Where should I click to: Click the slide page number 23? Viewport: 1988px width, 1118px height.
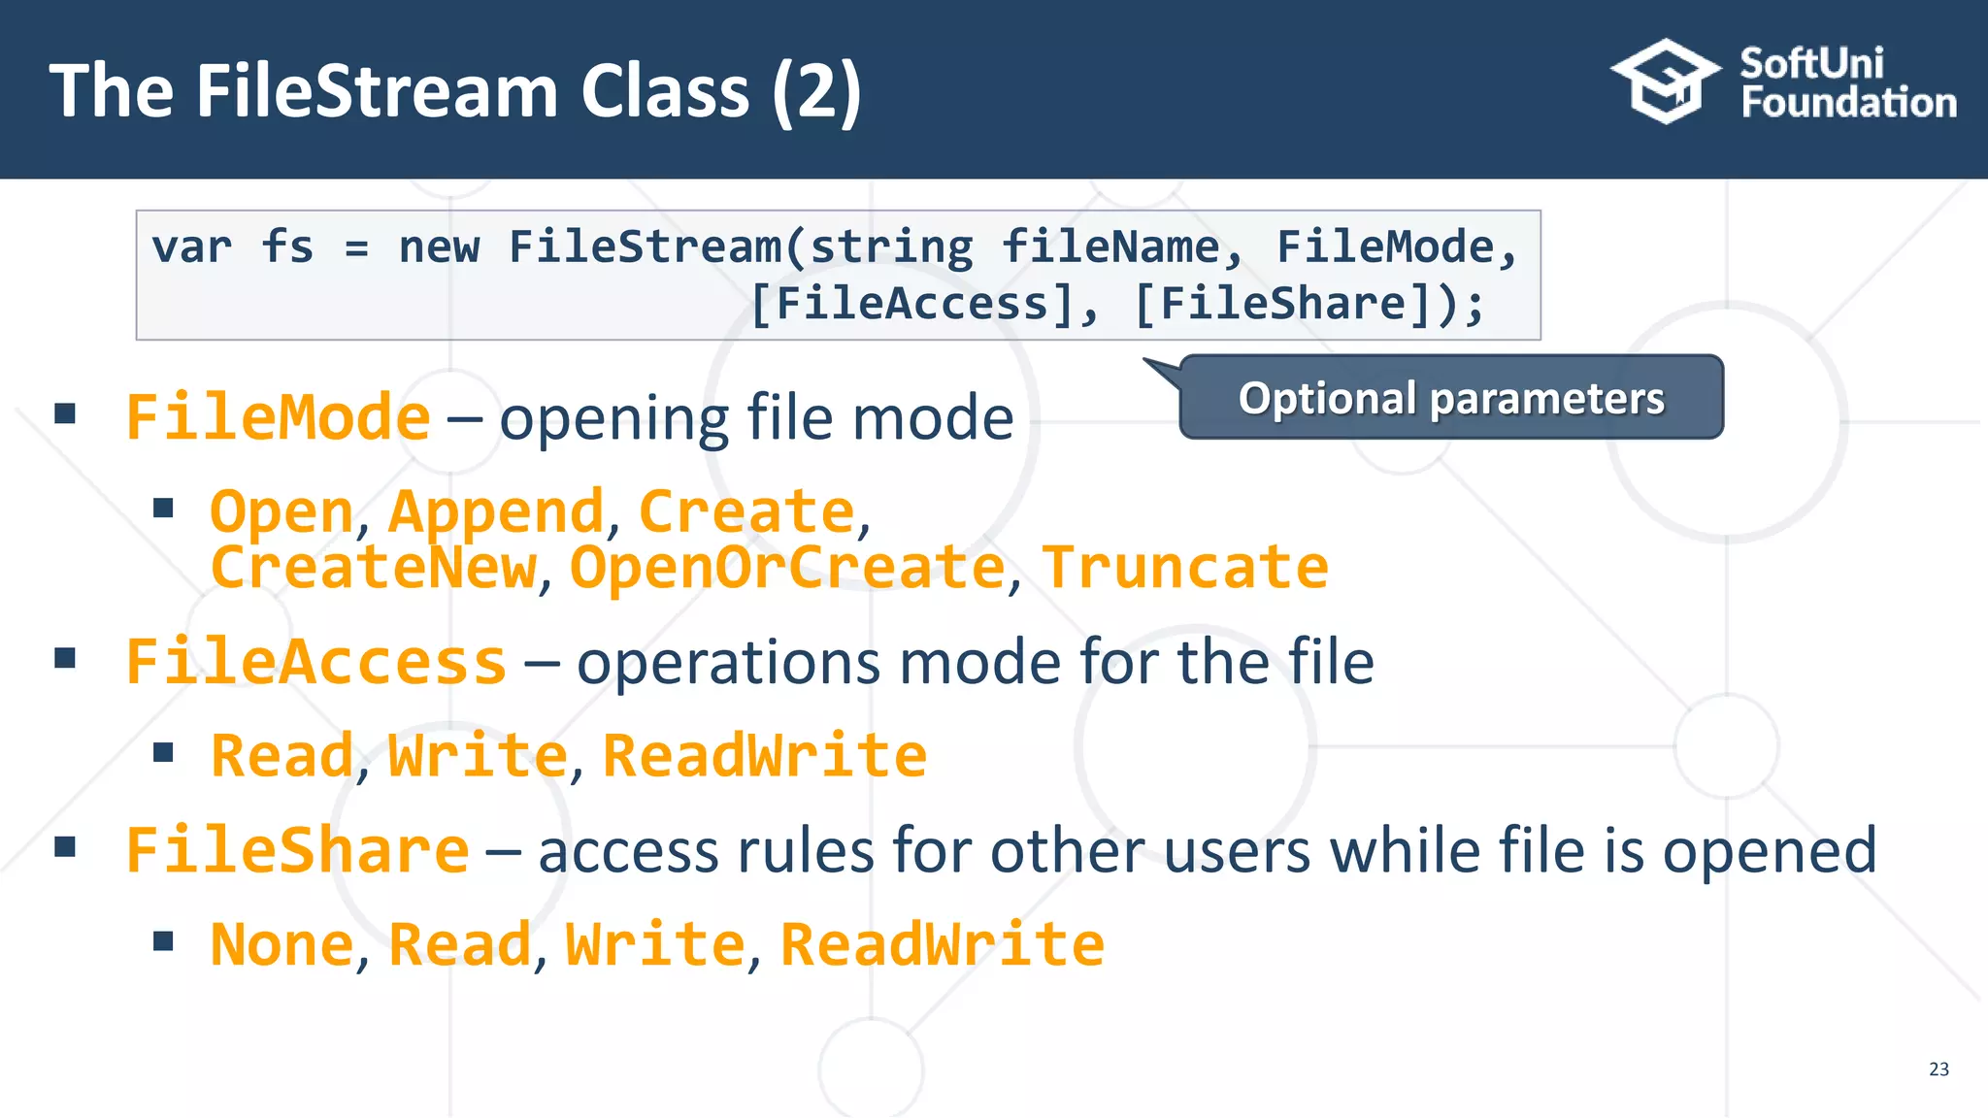click(1938, 1069)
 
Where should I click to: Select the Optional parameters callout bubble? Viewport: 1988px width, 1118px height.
click(1451, 398)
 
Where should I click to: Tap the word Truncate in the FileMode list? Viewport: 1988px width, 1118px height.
click(1185, 568)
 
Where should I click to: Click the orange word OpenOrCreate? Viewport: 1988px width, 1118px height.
click(787, 568)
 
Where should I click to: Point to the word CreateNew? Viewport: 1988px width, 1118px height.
click(373, 568)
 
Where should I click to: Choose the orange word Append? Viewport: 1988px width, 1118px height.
click(496, 511)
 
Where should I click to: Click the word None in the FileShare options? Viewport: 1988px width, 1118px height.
click(282, 944)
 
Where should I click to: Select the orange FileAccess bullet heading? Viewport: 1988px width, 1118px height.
click(316, 663)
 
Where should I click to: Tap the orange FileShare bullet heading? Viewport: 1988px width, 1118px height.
click(298, 851)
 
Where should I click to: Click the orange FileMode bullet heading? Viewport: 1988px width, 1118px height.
click(279, 418)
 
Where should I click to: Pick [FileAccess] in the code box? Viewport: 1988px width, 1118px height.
click(912, 304)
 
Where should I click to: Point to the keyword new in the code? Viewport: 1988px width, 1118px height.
click(439, 247)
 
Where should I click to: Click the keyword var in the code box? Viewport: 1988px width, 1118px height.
click(192, 247)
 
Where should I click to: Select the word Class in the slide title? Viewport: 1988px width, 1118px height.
click(665, 91)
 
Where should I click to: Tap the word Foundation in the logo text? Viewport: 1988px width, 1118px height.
click(1848, 103)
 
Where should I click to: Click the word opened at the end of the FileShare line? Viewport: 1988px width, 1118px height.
click(1770, 851)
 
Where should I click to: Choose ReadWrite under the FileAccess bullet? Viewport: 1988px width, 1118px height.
click(765, 756)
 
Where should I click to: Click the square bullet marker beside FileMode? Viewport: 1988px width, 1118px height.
click(65, 414)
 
